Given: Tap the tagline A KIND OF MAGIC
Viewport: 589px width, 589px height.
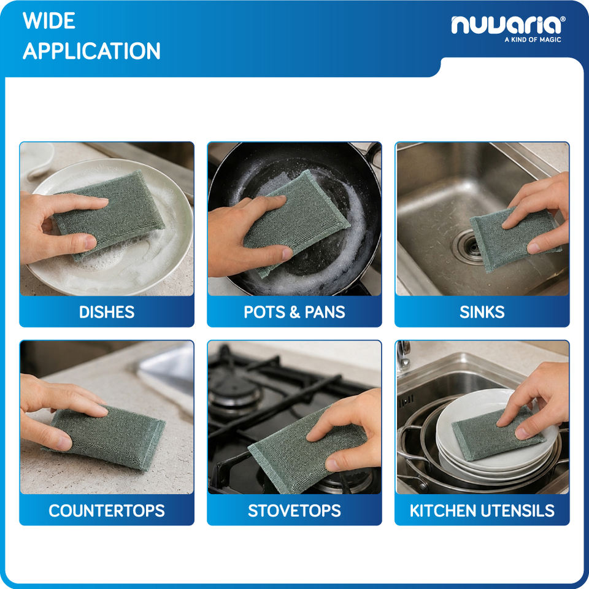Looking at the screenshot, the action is (533, 39).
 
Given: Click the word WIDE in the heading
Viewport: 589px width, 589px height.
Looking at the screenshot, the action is (49, 21).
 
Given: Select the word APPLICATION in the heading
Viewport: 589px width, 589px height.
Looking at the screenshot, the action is (91, 51).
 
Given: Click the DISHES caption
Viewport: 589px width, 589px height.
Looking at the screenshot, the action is (107, 312).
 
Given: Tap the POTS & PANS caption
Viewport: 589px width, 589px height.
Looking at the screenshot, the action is (294, 312).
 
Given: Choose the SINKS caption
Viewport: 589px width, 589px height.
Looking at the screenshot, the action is (482, 312).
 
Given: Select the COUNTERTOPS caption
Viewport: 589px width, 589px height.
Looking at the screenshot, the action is (107, 511).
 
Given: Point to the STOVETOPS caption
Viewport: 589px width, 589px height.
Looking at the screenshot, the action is (294, 511).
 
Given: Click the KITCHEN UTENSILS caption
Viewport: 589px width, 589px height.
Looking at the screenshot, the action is (482, 511).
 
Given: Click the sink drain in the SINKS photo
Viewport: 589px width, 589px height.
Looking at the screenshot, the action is (467, 247).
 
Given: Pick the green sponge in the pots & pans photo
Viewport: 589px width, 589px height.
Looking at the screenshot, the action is (297, 221).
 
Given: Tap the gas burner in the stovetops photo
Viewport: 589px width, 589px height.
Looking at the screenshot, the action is (234, 391).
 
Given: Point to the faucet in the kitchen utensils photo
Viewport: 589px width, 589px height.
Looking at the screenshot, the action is (404, 354).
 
